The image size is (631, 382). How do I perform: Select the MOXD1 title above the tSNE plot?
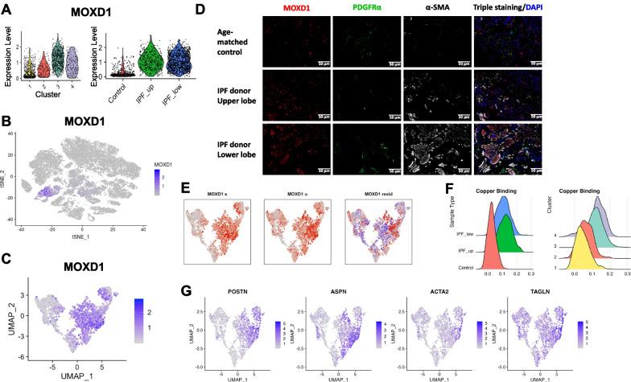pyautogui.click(x=87, y=126)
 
